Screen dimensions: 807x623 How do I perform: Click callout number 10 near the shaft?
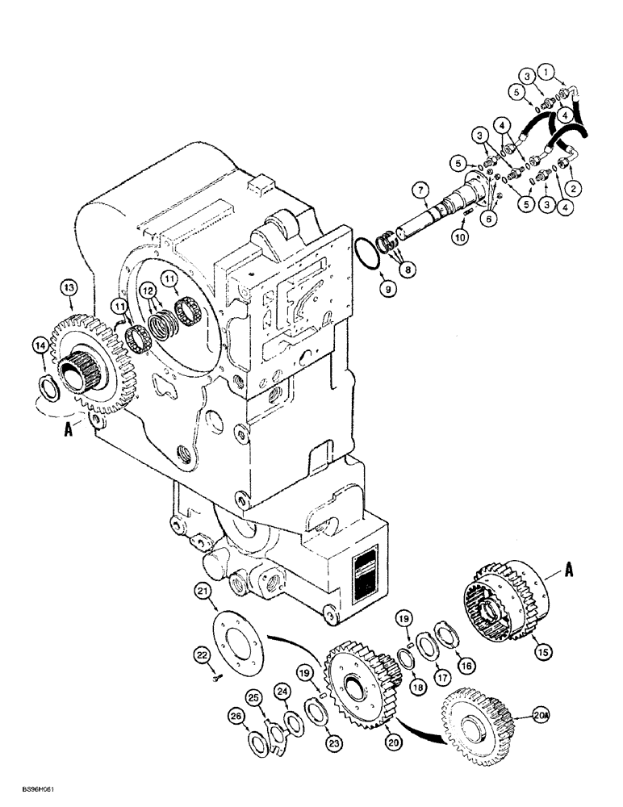click(460, 238)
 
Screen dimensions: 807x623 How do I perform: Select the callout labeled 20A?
click(539, 713)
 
